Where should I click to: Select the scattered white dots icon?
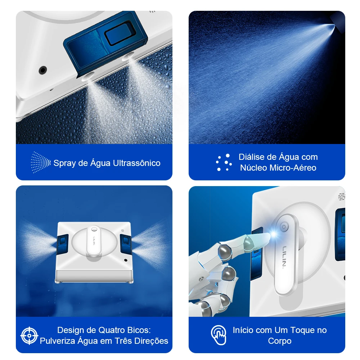coord(224,162)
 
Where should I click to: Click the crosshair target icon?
coord(30,336)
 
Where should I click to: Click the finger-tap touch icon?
coord(219,335)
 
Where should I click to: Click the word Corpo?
coord(280,341)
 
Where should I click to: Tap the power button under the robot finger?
coord(284,227)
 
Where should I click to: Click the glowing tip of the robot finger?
coord(273,235)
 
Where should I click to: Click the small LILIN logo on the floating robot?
coord(94,240)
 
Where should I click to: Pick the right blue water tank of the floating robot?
coord(126,244)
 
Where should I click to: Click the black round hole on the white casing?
coord(43,70)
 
